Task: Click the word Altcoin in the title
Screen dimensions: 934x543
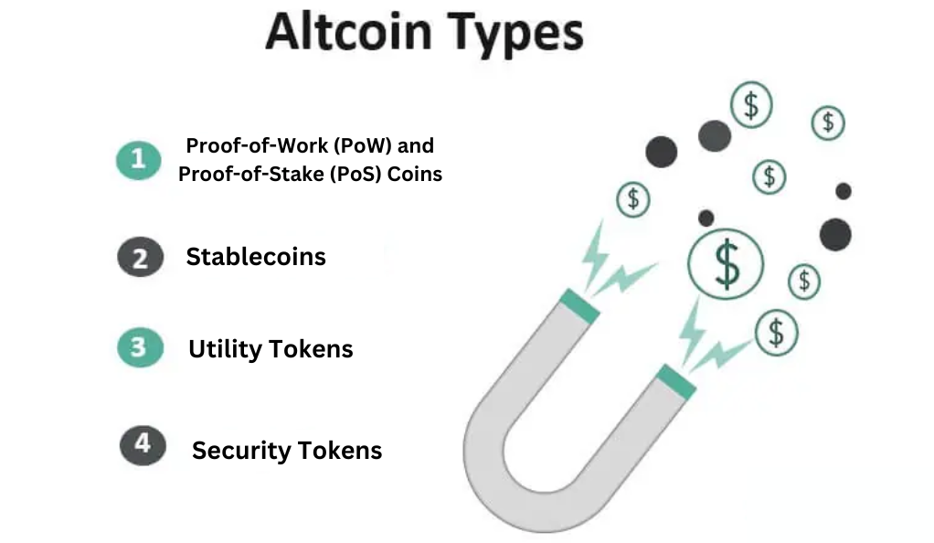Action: click(x=348, y=32)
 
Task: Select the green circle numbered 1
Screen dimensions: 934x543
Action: click(x=139, y=160)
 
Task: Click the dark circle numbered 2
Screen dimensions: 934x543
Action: click(x=140, y=257)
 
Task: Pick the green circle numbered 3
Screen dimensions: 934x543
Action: click(x=140, y=347)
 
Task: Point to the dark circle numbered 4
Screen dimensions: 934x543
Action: click(x=143, y=445)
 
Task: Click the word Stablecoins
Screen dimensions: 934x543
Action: click(x=256, y=257)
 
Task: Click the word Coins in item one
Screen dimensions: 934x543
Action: click(x=415, y=174)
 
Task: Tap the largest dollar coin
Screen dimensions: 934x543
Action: click(x=726, y=263)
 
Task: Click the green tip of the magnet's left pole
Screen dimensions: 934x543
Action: click(x=579, y=305)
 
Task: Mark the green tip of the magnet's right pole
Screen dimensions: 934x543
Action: click(x=676, y=381)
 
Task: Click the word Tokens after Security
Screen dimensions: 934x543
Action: click(x=340, y=451)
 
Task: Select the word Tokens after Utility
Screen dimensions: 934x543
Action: click(x=312, y=349)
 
